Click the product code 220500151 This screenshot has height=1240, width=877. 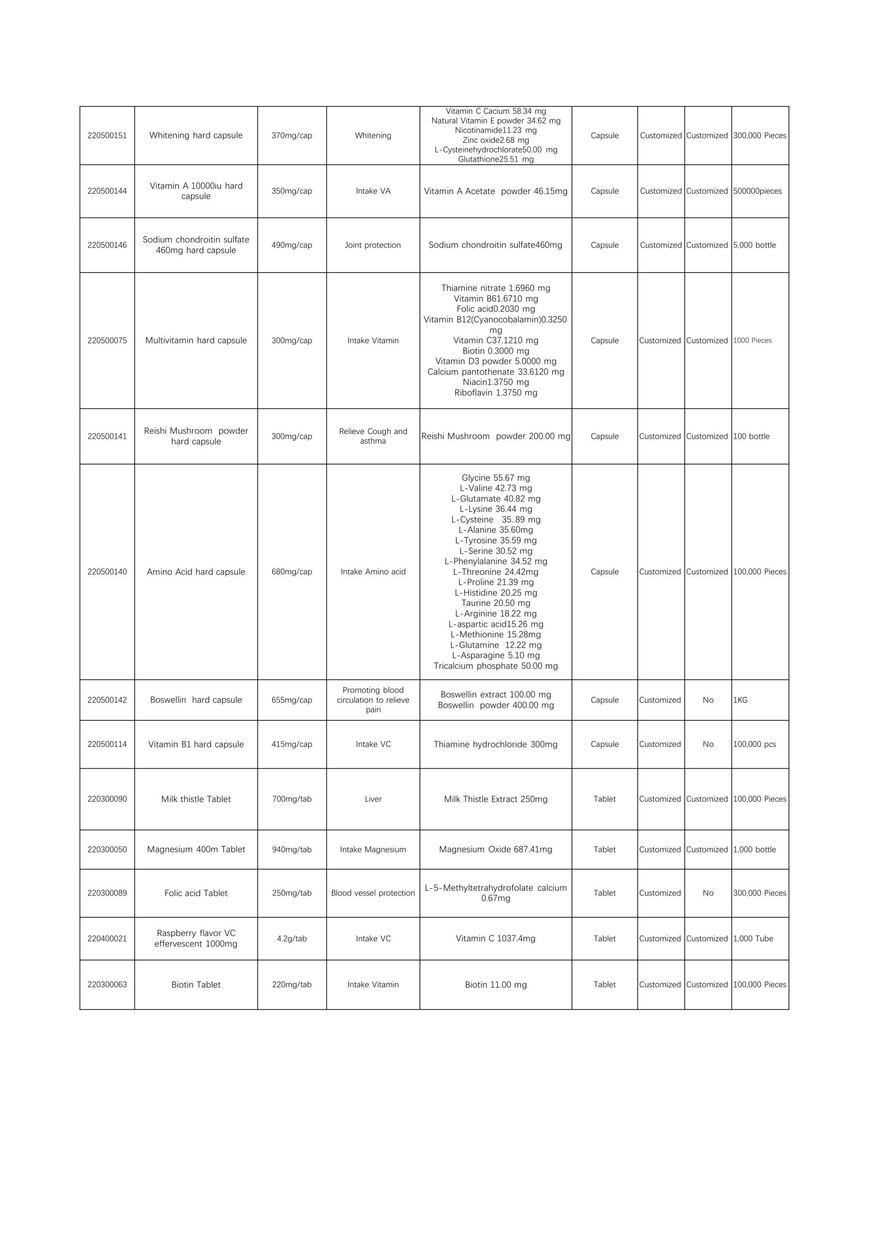(107, 136)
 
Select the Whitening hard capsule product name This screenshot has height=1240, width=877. (196, 136)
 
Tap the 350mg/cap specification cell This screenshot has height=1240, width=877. (292, 191)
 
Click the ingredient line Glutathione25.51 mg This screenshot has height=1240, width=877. (495, 159)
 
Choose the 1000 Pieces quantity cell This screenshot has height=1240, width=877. (752, 341)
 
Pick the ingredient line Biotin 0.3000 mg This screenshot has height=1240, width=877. (495, 351)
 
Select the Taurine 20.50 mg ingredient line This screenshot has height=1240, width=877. (495, 603)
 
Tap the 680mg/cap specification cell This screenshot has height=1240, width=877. (292, 572)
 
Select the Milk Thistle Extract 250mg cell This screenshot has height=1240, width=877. (495, 799)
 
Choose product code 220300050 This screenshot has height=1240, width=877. (107, 850)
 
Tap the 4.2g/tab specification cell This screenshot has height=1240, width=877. (292, 939)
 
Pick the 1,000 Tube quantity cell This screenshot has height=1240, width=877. (753, 939)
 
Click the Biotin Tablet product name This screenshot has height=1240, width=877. (196, 985)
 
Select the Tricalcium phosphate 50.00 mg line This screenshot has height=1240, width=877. (495, 666)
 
